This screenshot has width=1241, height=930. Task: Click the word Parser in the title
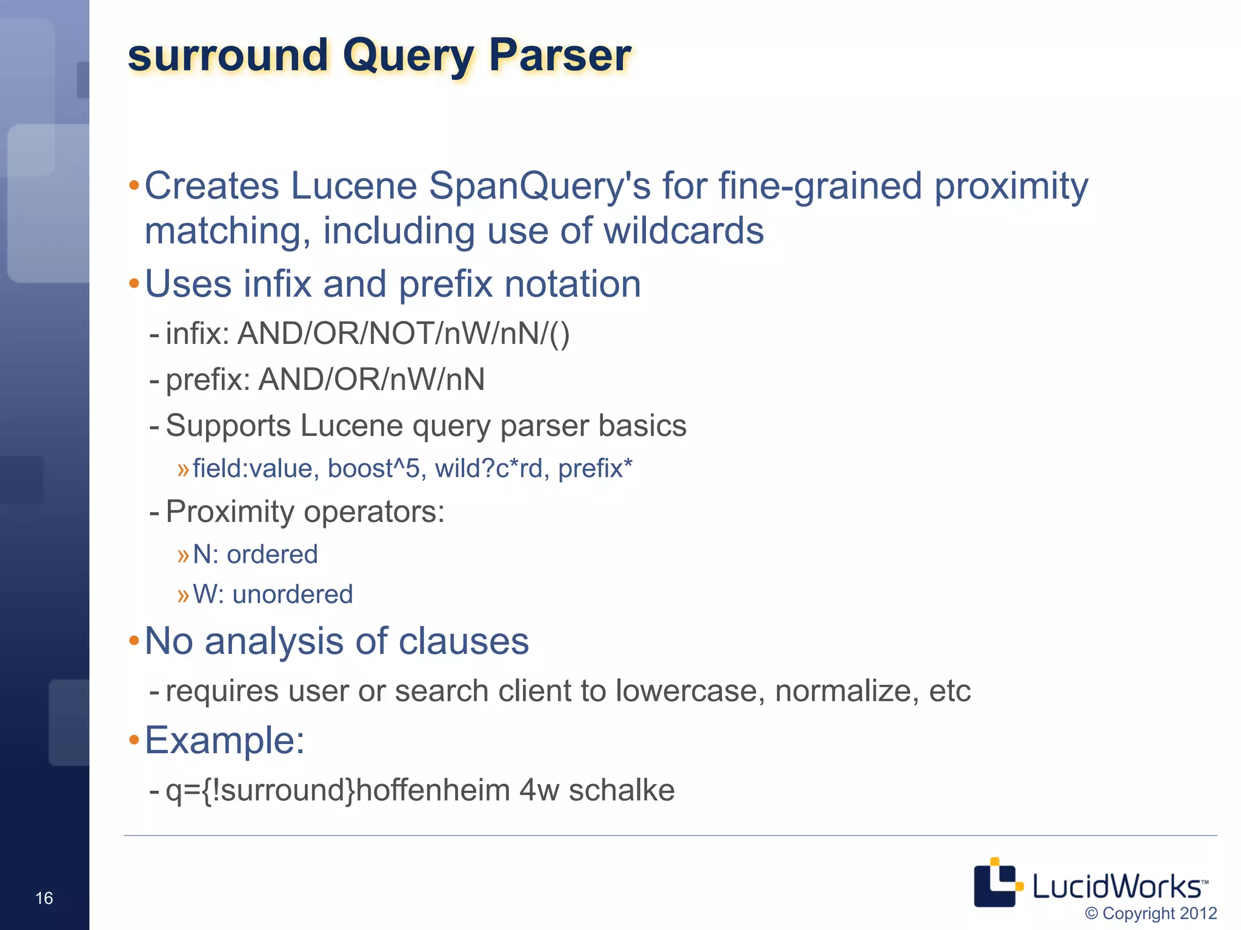coord(560,56)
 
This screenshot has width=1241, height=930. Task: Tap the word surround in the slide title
coord(227,56)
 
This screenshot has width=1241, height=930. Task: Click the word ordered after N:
coord(272,555)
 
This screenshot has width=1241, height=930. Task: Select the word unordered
coord(292,595)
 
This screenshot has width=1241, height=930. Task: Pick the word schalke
coord(621,790)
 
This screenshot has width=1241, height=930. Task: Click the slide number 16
coord(44,898)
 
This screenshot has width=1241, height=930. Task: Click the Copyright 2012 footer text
coord(1151,913)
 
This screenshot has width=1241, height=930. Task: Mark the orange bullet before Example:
coord(134,740)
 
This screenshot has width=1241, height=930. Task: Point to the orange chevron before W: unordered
coord(183,595)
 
